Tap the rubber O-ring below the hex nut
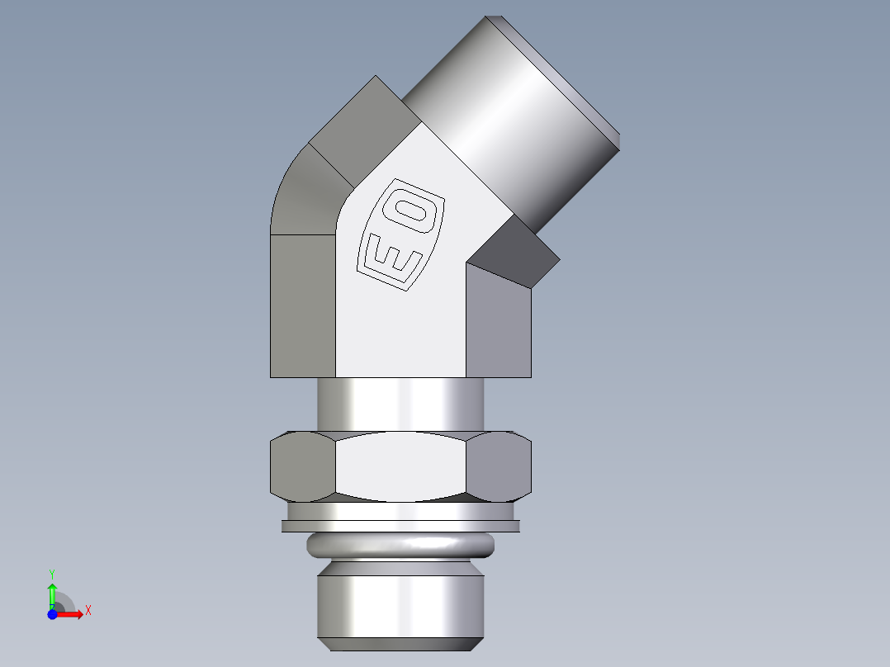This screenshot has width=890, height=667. [400, 546]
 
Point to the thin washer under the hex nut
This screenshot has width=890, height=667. [400, 526]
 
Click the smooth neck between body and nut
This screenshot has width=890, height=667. [400, 404]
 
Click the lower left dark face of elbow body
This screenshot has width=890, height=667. [302, 305]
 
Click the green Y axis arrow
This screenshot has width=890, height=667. [52, 592]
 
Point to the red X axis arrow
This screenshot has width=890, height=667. [70, 615]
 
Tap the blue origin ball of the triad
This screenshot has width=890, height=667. [52, 615]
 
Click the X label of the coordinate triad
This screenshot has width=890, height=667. [88, 611]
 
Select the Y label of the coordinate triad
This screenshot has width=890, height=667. [52, 573]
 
